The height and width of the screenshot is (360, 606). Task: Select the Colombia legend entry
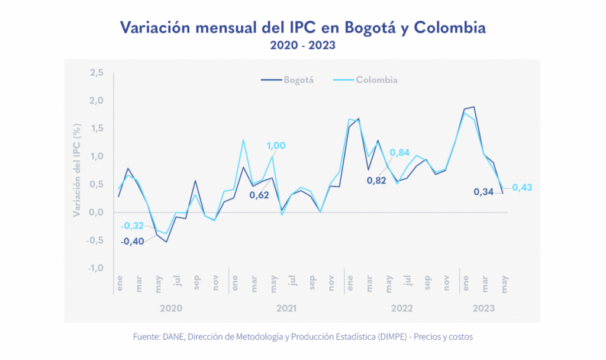[x=376, y=80]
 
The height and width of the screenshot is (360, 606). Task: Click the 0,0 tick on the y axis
[x=96, y=212]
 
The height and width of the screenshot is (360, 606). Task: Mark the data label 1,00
[x=276, y=146]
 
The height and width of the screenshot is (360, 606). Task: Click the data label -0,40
[x=133, y=241]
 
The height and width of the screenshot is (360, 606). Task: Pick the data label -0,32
[x=133, y=226]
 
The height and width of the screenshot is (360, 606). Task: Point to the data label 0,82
[x=376, y=180]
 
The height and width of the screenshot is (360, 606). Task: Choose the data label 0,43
[x=522, y=187]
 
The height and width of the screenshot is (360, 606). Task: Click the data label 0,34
[x=484, y=192]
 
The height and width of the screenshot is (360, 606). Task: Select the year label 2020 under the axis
[x=171, y=308]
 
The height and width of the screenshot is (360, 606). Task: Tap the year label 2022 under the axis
[x=402, y=308]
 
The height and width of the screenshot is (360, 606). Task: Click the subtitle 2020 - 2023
[x=303, y=46]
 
